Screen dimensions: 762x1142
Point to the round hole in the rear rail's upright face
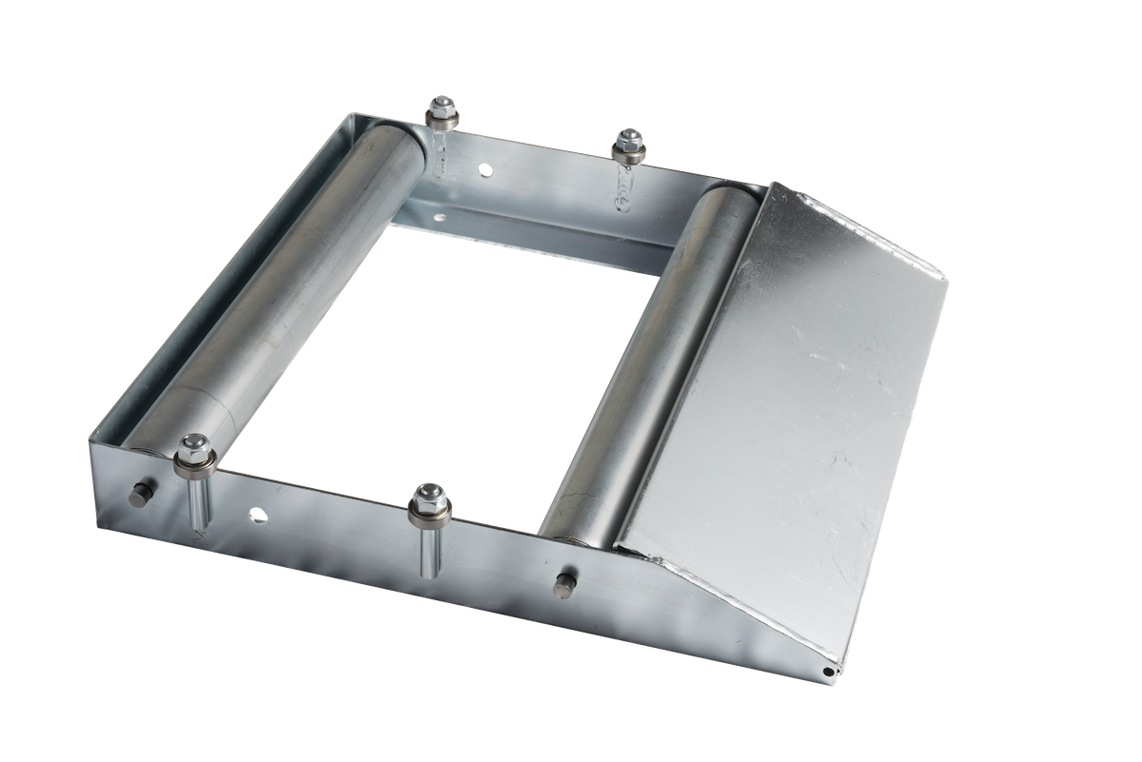(x=486, y=170)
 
